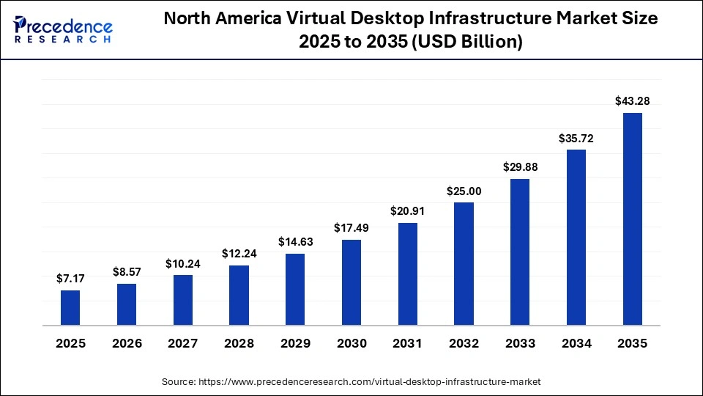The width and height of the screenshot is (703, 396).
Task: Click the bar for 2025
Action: click(70, 307)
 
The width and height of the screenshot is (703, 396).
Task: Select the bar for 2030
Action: click(351, 282)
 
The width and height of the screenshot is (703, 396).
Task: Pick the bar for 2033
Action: click(520, 252)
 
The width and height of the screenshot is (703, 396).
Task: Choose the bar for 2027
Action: click(183, 300)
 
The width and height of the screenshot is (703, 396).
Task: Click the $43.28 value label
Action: click(632, 100)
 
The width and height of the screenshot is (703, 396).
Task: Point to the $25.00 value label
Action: click(464, 191)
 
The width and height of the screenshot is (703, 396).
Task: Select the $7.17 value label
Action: click(70, 279)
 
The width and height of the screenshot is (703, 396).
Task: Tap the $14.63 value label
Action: click(295, 242)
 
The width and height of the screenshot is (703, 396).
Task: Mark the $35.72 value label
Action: click(576, 137)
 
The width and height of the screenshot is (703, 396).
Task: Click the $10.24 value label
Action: click(183, 263)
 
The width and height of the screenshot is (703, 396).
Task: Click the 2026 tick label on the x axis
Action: click(127, 343)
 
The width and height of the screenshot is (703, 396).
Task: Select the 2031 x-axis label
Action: click(407, 343)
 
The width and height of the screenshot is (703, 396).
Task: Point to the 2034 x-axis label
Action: click(576, 343)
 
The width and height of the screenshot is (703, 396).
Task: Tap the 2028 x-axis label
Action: click(239, 343)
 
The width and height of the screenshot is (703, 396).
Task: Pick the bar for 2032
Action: click(464, 263)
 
